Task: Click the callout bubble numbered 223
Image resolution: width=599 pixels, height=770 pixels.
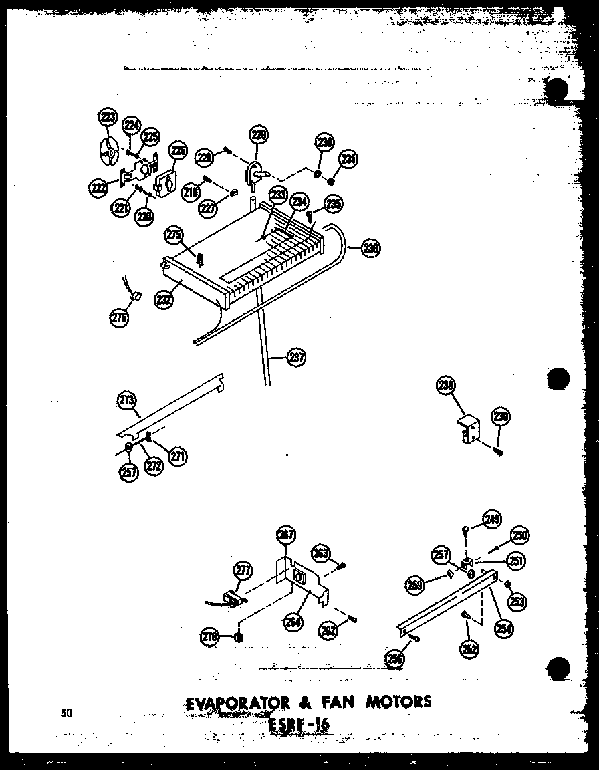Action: tap(106, 118)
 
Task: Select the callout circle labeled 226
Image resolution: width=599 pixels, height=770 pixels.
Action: tap(177, 152)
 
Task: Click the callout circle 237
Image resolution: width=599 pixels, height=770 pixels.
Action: tap(296, 357)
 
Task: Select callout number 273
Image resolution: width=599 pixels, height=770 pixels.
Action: tap(126, 402)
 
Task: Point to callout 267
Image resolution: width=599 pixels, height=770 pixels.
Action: tap(285, 535)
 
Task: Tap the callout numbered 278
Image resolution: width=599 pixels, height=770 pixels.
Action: tap(210, 638)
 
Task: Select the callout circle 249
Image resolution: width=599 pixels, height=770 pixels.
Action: tap(493, 518)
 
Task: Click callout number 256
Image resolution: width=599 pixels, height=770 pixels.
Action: tap(395, 659)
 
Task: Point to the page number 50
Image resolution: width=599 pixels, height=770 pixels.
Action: tap(66, 713)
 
